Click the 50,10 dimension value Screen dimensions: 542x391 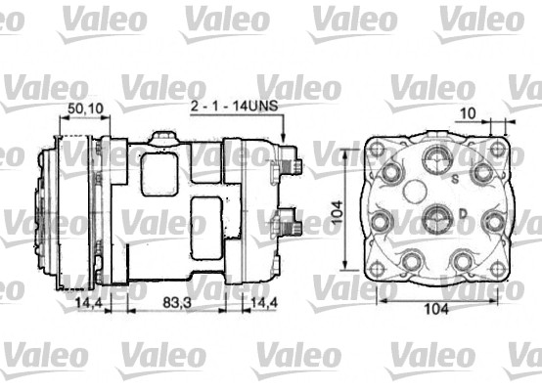pyautogui.click(x=85, y=109)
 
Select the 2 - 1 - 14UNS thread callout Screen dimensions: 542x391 pyautogui.click(x=235, y=106)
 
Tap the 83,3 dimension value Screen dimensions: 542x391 pyautogui.click(x=177, y=303)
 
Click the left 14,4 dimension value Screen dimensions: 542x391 pyautogui.click(x=89, y=303)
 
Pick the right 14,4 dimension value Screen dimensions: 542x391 pyautogui.click(x=264, y=303)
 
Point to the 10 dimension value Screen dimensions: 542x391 pyautogui.click(x=469, y=113)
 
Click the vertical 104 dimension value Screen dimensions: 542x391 pyautogui.click(x=337, y=212)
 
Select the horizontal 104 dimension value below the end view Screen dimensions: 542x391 pyautogui.click(x=436, y=309)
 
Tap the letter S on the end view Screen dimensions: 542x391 pyautogui.click(x=456, y=179)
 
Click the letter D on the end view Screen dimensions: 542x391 pyautogui.click(x=463, y=214)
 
